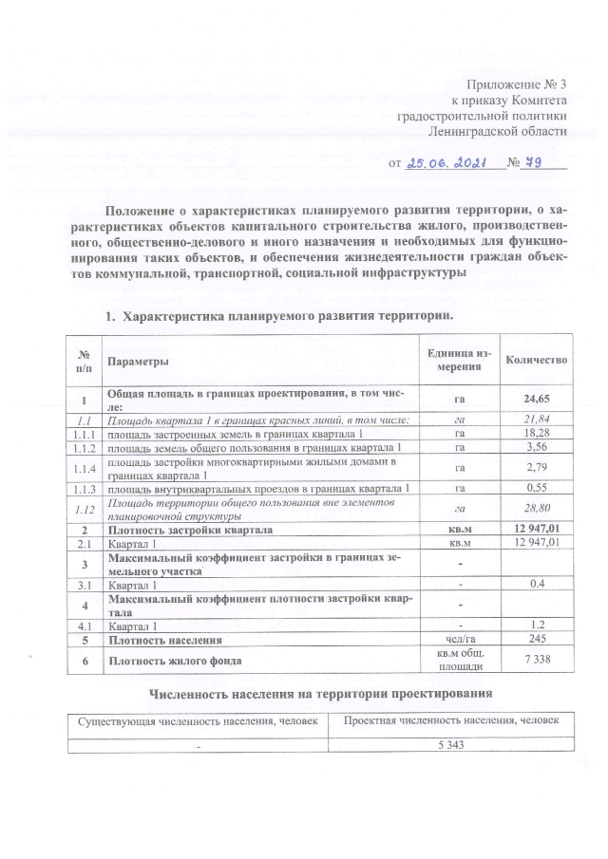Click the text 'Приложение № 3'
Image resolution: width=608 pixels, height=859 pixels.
(522, 85)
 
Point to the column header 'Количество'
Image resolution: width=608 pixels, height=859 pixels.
(537, 361)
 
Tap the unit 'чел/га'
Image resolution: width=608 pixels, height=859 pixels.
(459, 641)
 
